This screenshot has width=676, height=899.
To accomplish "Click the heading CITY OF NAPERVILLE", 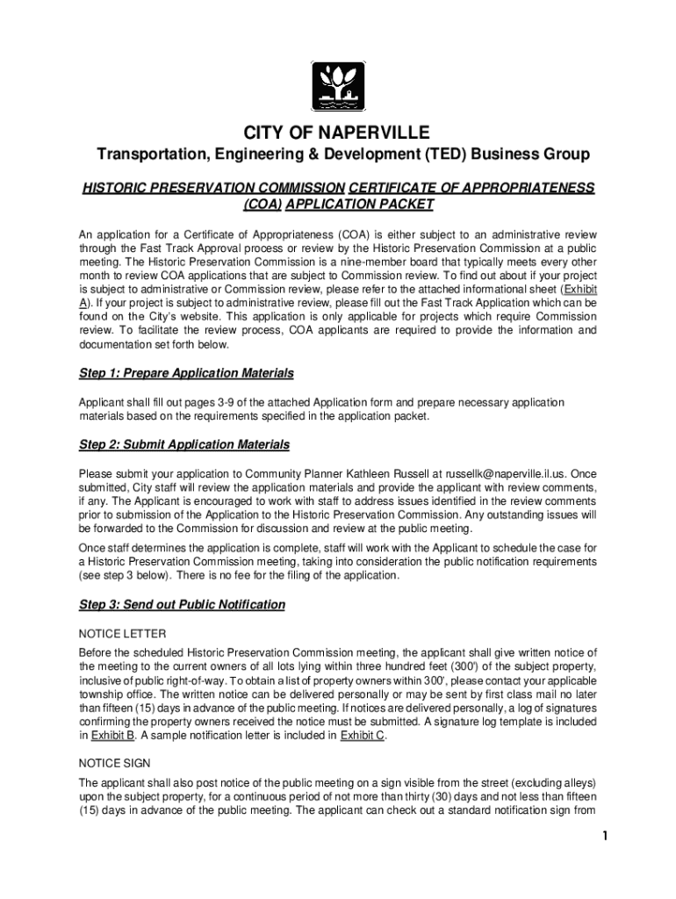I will [337, 133].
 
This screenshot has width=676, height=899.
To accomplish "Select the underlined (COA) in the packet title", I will [260, 205].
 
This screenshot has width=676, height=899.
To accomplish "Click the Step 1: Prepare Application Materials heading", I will [186, 373].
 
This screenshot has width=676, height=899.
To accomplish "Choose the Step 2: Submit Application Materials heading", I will [184, 445].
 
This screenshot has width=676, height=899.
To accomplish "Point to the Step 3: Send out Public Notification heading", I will [182, 605].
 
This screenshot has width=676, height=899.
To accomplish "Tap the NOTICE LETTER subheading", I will [122, 633].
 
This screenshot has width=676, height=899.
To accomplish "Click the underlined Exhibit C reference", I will [363, 737].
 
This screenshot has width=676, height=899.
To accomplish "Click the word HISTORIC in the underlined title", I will [115, 188].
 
